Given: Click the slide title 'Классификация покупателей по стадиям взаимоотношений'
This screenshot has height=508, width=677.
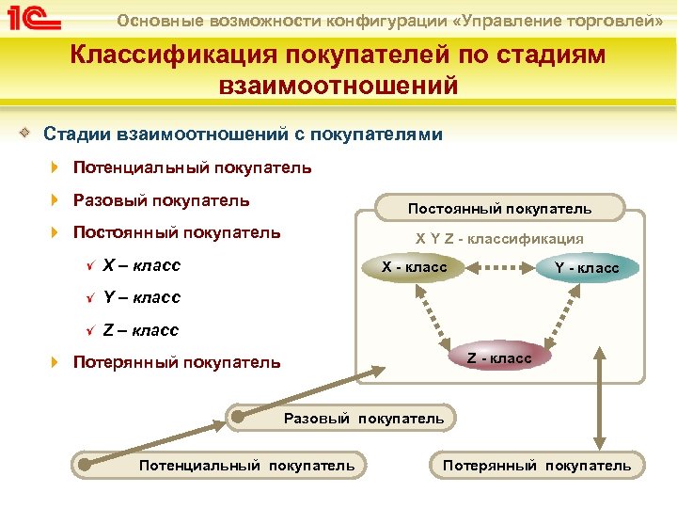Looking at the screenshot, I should (x=338, y=70).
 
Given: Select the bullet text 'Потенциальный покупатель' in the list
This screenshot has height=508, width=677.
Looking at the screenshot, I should (x=192, y=167).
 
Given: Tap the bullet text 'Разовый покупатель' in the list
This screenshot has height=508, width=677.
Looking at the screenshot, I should (x=161, y=199).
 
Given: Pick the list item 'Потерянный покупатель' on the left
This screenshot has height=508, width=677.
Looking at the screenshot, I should (x=176, y=362).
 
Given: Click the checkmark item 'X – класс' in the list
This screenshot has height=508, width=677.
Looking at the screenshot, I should (x=141, y=264).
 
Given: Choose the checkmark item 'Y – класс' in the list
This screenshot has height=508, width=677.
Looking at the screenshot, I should (x=141, y=297).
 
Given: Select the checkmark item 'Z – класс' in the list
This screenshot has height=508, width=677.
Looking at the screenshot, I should (x=140, y=330).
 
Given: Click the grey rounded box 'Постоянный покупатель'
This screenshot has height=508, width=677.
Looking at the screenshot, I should (x=499, y=208).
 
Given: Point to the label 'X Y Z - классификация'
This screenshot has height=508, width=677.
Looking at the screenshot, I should (x=499, y=239).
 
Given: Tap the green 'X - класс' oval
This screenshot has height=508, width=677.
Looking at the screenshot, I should (x=414, y=268).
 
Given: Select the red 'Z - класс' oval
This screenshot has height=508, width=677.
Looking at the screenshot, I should (x=499, y=357).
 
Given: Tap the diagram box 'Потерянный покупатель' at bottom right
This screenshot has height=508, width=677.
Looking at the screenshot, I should (x=537, y=465).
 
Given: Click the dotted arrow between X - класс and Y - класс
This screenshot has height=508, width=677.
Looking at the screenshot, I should (x=499, y=267).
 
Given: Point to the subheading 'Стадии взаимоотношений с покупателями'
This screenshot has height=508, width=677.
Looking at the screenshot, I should (x=244, y=135).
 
